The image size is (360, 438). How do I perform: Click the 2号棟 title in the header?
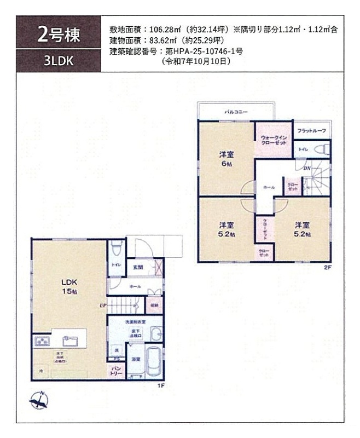click(59, 34)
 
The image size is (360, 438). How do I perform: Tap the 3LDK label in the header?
click(59, 61)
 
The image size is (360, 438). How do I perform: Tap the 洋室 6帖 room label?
click(226, 158)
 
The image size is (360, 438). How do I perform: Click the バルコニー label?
click(236, 112)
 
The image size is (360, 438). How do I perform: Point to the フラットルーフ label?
click(311, 131)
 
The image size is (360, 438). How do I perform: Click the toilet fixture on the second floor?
click(322, 148)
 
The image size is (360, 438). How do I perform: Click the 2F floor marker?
click(328, 267)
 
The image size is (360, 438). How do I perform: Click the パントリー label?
click(117, 371)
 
